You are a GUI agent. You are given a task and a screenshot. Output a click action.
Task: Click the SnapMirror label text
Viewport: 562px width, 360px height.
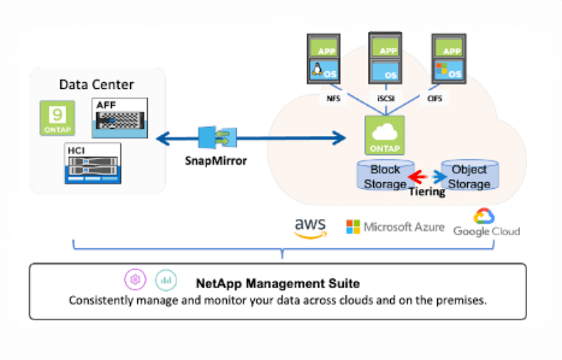pos(215,160)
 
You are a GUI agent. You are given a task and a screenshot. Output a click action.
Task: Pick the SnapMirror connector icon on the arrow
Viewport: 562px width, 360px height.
pos(215,137)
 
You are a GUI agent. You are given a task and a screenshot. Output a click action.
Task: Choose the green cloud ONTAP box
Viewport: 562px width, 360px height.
pos(384,134)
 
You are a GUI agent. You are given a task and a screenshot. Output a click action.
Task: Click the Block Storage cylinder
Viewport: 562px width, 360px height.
pos(384,176)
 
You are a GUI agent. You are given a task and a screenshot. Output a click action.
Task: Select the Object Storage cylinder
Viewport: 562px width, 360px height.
pos(469,176)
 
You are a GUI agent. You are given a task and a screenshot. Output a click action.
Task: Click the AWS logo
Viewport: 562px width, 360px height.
pos(309,225)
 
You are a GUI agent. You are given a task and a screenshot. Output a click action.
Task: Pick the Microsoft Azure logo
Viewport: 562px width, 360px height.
pos(395,226)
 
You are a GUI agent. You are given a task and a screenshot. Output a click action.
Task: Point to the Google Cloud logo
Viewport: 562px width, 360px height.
pos(486,223)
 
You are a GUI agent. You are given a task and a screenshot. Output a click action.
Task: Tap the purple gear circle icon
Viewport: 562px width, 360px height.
pos(134,279)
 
